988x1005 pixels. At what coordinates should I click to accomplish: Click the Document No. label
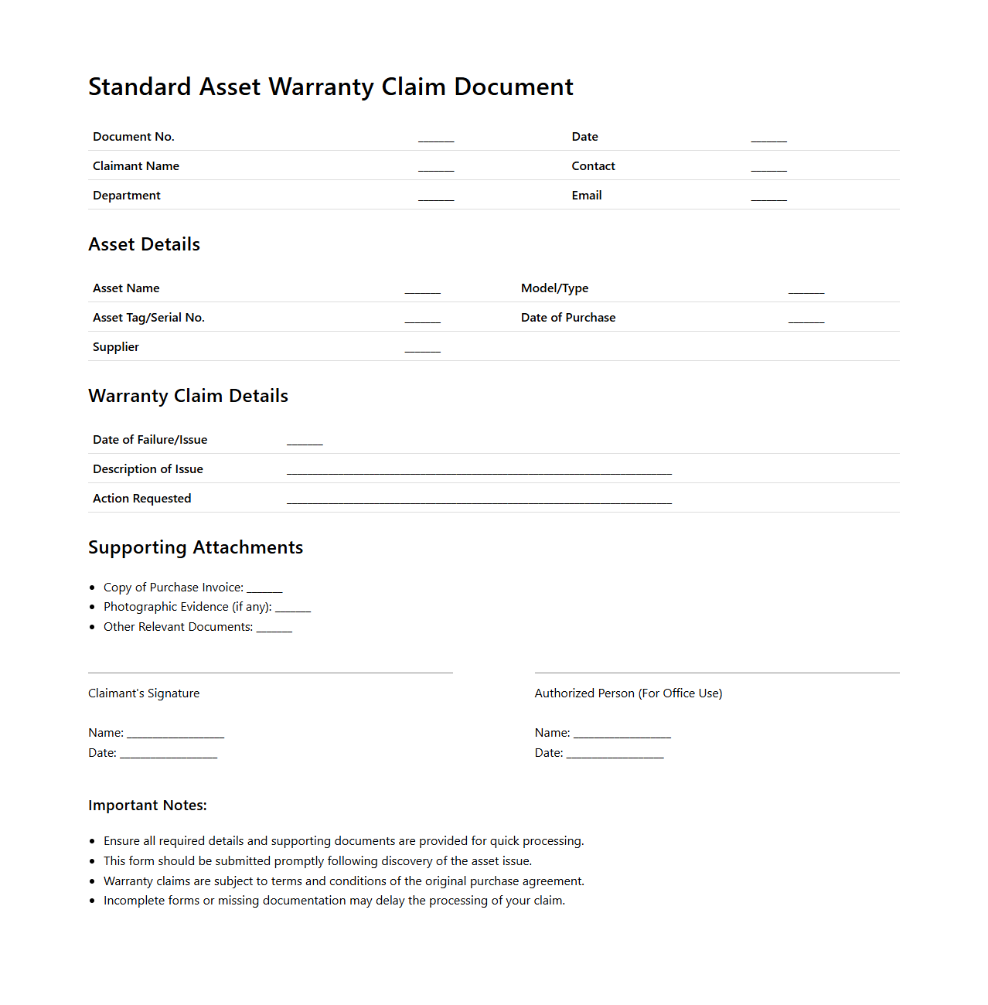134,137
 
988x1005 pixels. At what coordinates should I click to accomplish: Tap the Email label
587,196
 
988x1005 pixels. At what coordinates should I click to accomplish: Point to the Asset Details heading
144,244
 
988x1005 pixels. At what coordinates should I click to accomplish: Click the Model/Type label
554,288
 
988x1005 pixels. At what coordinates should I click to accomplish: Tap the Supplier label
116,347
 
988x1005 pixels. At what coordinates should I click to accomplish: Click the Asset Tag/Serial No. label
148,318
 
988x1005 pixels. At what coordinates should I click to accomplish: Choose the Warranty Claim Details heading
188,396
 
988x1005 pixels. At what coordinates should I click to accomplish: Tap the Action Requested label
141,499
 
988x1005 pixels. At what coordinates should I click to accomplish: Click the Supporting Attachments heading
196,547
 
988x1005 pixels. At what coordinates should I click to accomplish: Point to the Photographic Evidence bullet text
187,607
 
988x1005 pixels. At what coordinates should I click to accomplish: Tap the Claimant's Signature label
144,693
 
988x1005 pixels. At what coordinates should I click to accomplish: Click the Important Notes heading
148,806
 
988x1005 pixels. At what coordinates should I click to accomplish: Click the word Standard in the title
139,87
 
